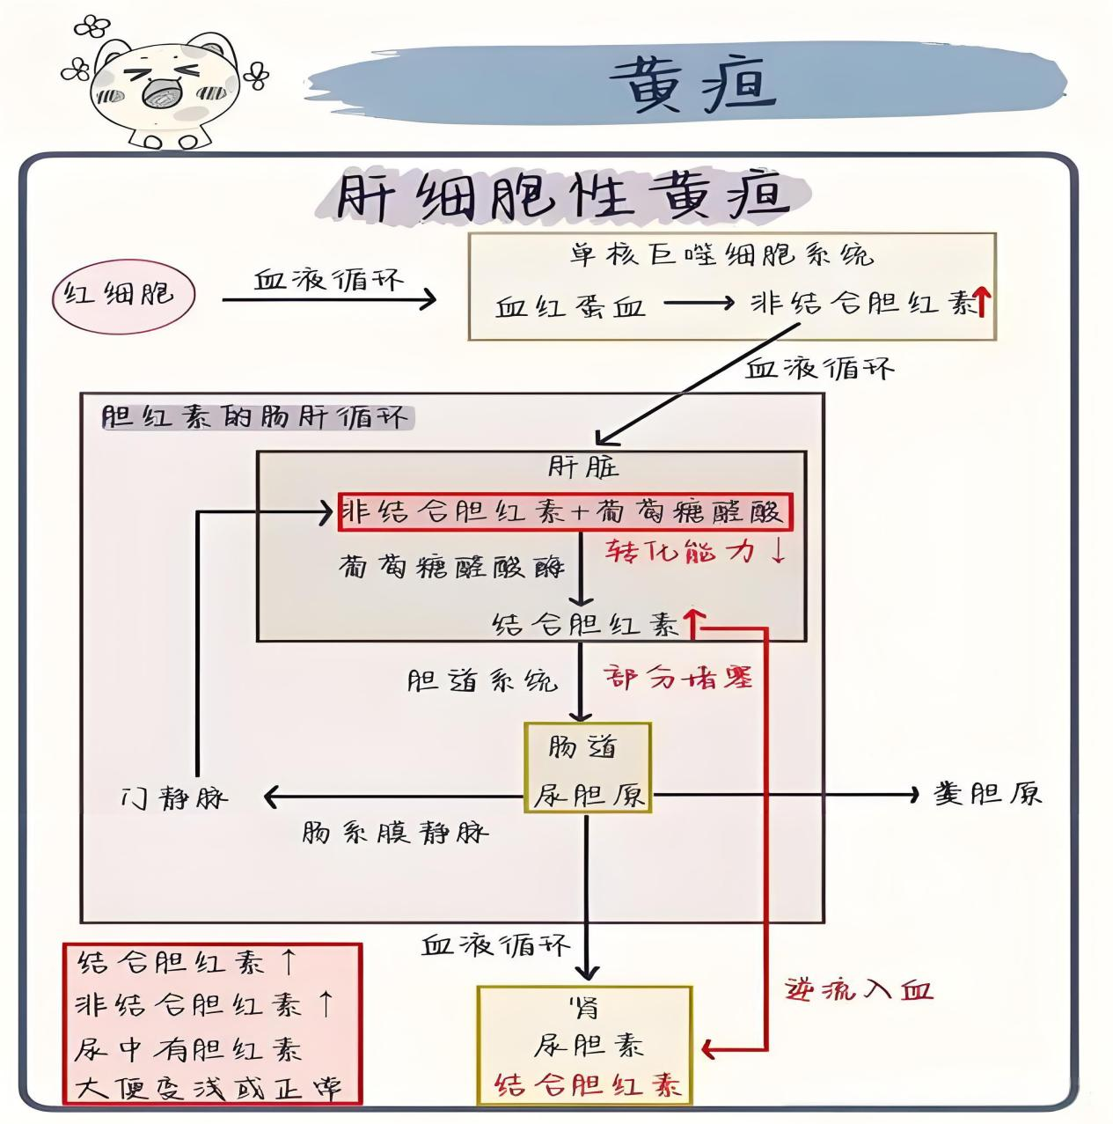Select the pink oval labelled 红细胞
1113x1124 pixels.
point(123,293)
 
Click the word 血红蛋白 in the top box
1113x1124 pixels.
point(570,305)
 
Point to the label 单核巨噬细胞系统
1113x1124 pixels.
point(721,256)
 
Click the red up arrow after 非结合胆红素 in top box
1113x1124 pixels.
point(983,304)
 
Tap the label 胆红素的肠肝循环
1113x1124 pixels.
point(255,416)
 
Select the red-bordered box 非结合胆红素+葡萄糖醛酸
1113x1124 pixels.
point(565,511)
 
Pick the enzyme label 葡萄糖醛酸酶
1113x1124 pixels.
point(451,567)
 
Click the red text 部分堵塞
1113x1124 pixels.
point(678,678)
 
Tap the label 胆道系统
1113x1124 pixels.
point(482,680)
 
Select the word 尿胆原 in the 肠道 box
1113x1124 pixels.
point(589,796)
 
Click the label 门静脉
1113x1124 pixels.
point(174,798)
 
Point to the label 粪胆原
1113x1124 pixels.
point(987,794)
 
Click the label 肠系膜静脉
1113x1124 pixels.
point(394,833)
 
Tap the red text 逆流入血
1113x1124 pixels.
point(858,990)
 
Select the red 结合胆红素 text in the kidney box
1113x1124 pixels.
point(588,1084)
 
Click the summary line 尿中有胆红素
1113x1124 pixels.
point(187,1048)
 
